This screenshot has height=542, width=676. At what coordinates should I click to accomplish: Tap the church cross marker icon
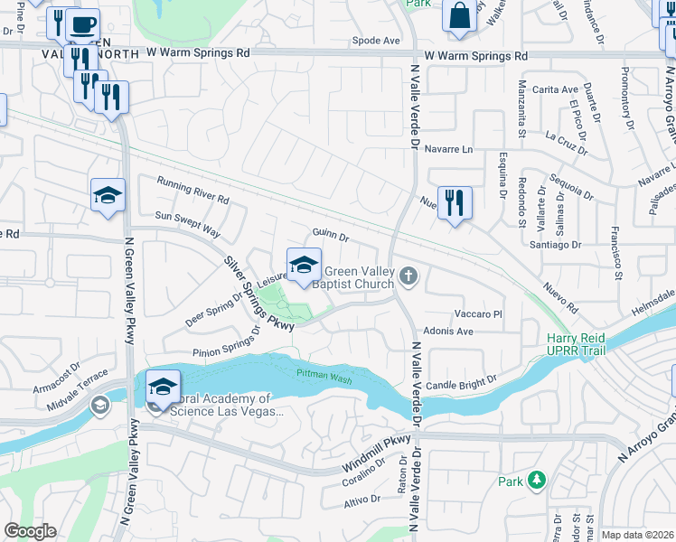pyautogui.click(x=409, y=276)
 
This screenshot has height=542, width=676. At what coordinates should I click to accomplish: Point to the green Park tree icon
pyautogui.click(x=537, y=480)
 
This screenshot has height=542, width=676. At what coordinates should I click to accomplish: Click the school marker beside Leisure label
pyautogui.click(x=305, y=265)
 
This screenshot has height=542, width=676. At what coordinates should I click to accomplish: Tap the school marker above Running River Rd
pyautogui.click(x=108, y=195)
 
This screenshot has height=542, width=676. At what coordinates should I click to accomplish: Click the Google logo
pyautogui.click(x=30, y=531)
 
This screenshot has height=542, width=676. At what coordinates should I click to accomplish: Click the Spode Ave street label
pyautogui.click(x=376, y=41)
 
